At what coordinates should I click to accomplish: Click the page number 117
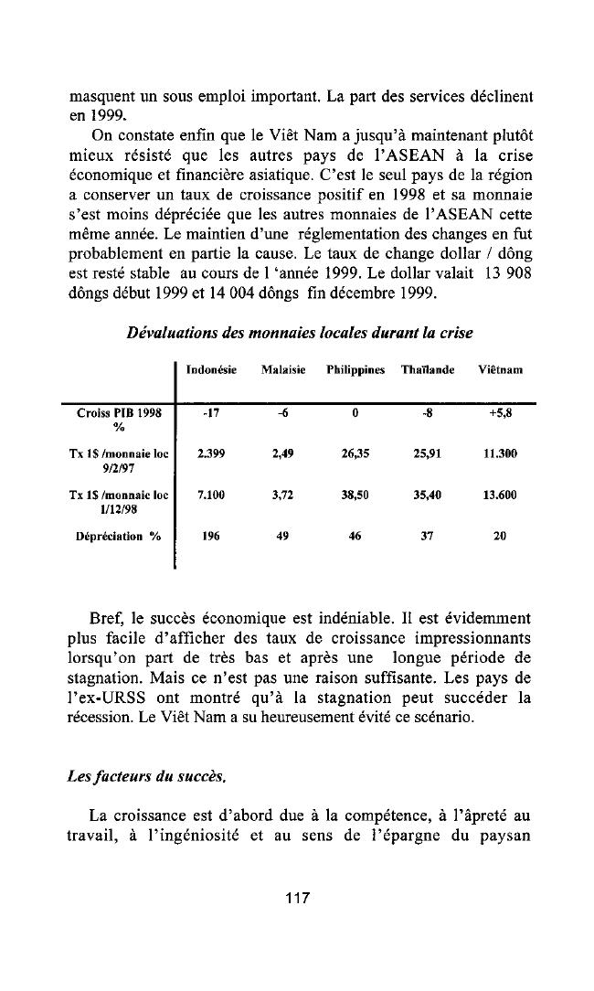click(297, 899)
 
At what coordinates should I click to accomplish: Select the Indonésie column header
click(211, 369)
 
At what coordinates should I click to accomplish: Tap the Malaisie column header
click(282, 369)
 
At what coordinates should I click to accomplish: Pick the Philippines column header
click(354, 369)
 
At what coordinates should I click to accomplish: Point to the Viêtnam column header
click(499, 369)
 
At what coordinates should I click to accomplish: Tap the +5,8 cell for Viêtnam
click(500, 412)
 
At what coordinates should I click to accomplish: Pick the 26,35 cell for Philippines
click(354, 453)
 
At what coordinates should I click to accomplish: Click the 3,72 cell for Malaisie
click(282, 495)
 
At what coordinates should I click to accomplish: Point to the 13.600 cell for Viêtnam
click(499, 495)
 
